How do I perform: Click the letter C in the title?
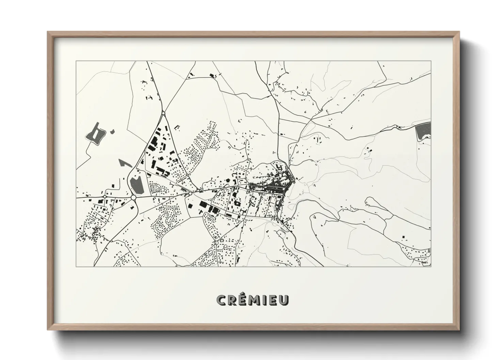[x=222, y=300]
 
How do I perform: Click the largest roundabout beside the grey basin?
[x=133, y=197]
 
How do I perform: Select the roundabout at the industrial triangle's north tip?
[x=163, y=113]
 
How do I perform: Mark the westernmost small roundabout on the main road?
[x=105, y=196]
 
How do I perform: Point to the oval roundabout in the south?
[x=217, y=242]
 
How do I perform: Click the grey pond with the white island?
[x=94, y=134]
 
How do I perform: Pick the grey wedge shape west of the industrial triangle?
[x=125, y=163]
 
